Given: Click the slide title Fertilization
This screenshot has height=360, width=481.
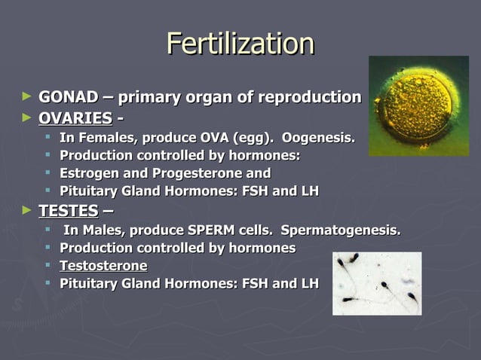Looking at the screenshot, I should [240, 44].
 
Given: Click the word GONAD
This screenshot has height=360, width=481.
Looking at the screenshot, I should [68, 97].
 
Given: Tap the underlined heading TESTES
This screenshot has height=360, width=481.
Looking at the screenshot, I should [68, 211].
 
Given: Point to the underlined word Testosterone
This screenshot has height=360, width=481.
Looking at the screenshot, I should [103, 266].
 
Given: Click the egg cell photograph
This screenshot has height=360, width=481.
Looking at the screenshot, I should [418, 105].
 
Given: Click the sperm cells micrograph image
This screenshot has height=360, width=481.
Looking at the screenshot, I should [377, 283].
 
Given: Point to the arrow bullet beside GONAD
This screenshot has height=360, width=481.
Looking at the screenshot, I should [27, 97].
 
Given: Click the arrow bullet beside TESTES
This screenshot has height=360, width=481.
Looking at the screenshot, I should [27, 211].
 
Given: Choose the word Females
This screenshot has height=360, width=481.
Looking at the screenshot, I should [106, 138].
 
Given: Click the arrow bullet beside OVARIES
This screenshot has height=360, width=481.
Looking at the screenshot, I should [27, 118].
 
